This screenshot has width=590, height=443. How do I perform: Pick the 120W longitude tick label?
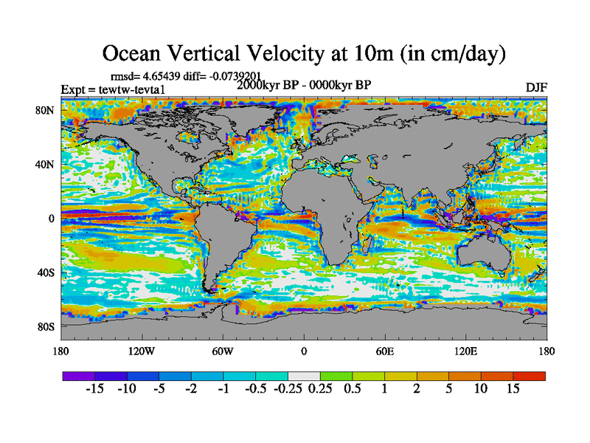[142, 351]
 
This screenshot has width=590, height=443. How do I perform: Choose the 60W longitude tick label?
[223, 351]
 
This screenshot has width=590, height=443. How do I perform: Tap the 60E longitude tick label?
[385, 351]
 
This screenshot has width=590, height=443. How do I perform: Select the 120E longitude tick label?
[466, 351]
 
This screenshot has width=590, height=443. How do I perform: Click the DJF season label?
[536, 86]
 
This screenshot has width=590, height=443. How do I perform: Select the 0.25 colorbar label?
[320, 389]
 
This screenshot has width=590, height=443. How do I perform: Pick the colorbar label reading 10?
[481, 389]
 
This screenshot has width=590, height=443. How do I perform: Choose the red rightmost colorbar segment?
[530, 376]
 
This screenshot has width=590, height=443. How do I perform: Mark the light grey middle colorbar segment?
[304, 376]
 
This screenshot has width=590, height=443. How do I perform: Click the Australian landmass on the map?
[483, 255]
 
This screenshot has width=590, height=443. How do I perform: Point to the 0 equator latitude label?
[52, 219]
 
